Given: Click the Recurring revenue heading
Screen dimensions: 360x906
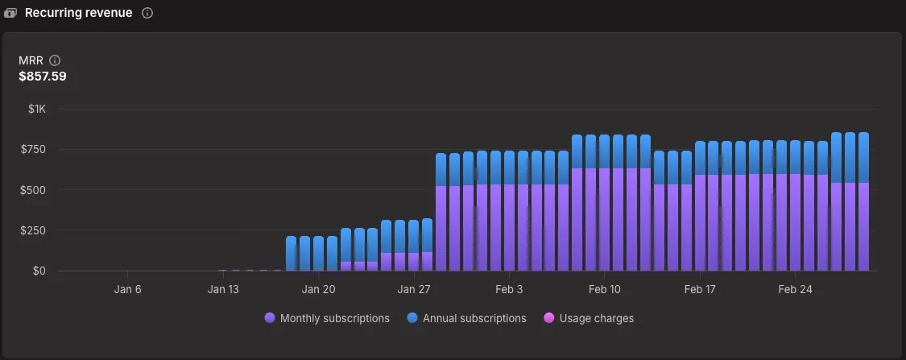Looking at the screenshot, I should pos(78,13).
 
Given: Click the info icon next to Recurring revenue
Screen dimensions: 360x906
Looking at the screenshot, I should pos(147,14).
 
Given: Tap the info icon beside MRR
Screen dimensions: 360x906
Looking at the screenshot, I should pos(55,60).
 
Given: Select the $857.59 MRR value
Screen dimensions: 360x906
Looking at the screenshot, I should pos(43,77).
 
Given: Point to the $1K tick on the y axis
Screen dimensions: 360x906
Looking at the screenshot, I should pos(37,109).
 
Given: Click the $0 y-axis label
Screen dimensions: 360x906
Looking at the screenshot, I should pos(39,271).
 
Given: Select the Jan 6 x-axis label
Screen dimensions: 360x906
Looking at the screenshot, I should pos(128,289).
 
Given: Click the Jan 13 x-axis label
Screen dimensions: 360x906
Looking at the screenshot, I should pos(223,289).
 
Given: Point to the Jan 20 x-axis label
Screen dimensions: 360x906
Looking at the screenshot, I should pos(318,289).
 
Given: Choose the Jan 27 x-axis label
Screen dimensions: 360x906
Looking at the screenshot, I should pos(413,289).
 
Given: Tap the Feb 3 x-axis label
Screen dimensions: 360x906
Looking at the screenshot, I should pos(509,289).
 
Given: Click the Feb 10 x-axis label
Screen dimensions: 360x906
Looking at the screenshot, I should pos(604,289).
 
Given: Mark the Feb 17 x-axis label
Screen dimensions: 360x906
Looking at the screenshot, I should pos(700,289).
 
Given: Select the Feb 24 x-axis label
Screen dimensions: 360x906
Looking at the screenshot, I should pos(795,289).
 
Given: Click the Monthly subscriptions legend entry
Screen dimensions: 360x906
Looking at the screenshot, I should pos(327,318).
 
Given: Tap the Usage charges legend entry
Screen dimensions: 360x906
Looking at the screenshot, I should pos(589,318).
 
